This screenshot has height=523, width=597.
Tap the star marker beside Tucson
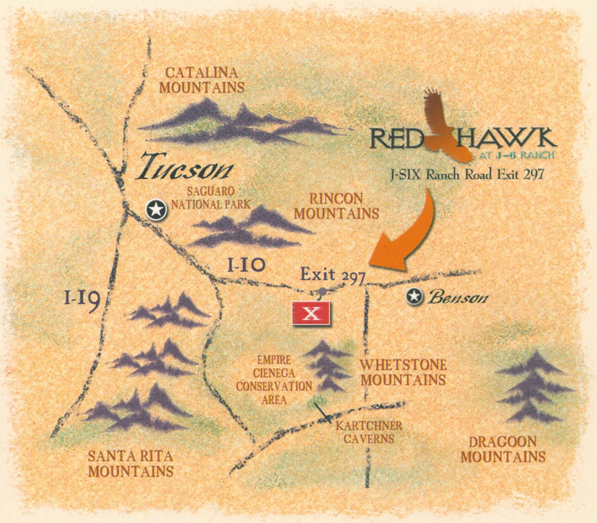click(156, 210)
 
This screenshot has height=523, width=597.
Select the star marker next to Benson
click(414, 297)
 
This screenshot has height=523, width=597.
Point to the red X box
click(312, 313)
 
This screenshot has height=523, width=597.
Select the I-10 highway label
click(246, 265)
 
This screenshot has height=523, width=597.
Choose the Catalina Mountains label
click(202, 80)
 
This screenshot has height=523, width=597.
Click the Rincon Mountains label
click(336, 206)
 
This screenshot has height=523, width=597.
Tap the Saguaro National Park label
click(211, 197)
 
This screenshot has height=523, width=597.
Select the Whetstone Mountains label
click(403, 372)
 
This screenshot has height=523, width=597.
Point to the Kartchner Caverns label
click(368, 432)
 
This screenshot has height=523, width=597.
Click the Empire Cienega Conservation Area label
click(274, 380)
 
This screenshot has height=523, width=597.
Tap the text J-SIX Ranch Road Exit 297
click(468, 174)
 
